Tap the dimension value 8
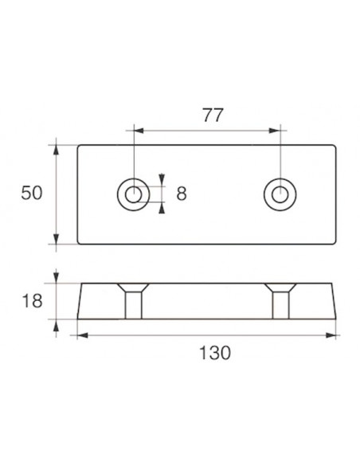[x=181, y=193]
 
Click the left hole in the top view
[x=133, y=193]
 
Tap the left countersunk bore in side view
[x=133, y=300]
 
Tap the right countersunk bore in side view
[x=280, y=300]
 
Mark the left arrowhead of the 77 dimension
[x=137, y=130]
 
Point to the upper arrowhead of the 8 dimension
[x=162, y=179]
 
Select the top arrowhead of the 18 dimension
[x=57, y=279]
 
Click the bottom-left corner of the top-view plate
[x=77, y=243]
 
